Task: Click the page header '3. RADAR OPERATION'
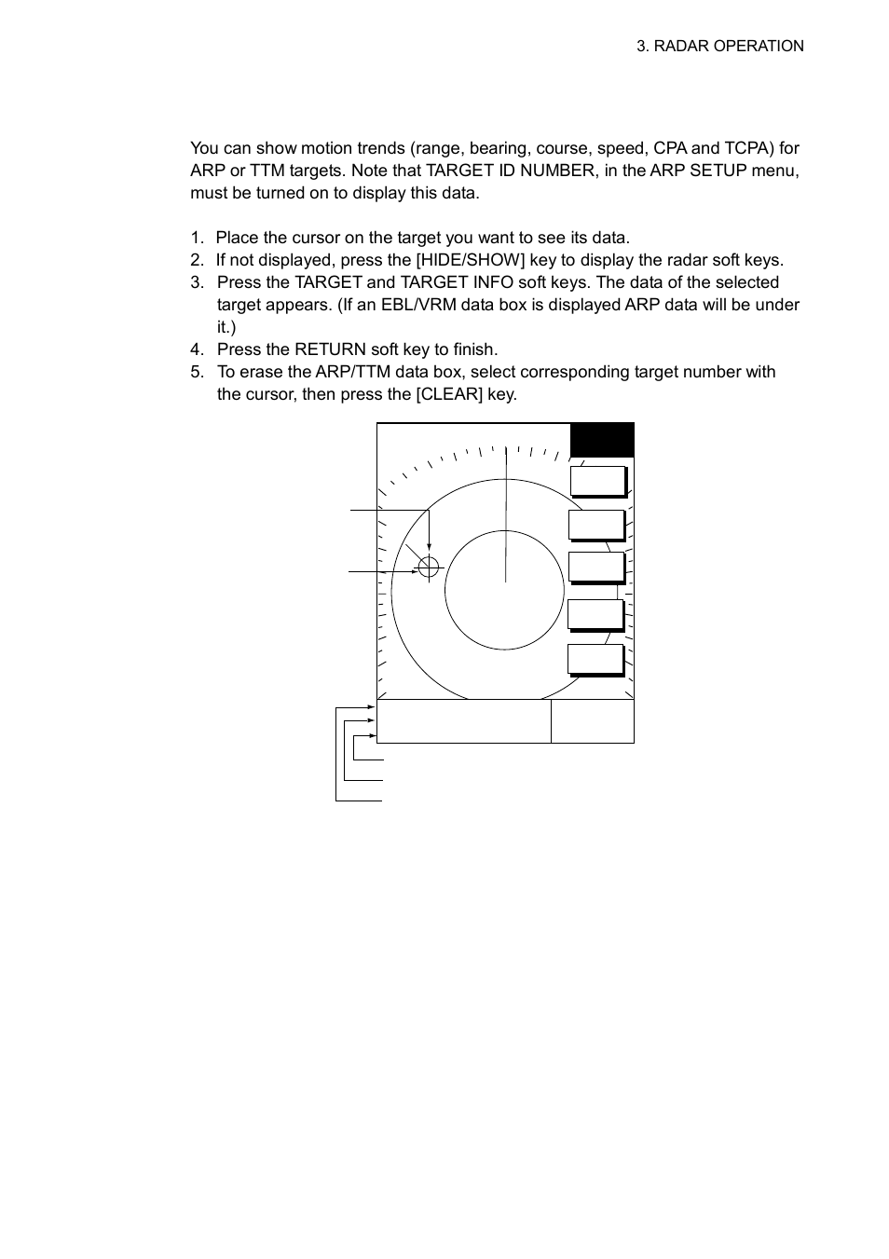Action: coord(719,47)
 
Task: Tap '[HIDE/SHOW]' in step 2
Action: coord(470,260)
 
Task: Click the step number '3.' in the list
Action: coord(197,282)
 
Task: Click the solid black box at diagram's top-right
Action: coord(602,440)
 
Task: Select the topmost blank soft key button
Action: coord(597,481)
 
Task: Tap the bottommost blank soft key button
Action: coord(595,659)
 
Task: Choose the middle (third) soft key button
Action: coord(596,567)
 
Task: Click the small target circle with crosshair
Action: coord(429,567)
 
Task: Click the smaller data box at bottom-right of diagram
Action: coord(592,721)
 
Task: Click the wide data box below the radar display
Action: coord(463,721)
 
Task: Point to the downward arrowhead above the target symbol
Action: coord(429,551)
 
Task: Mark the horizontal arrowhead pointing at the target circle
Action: coord(413,570)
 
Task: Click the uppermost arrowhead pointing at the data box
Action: coord(373,707)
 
